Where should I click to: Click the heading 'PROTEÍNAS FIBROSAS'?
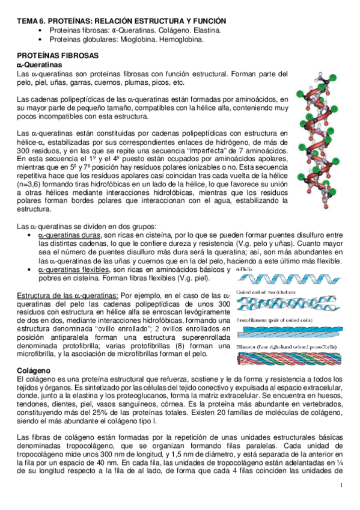pyautogui.click(x=55, y=54)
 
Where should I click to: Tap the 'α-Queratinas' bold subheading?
pyautogui.click(x=40, y=63)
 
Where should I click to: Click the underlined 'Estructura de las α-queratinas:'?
pyautogui.click(x=67, y=296)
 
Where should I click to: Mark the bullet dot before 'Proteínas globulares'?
pyautogui.click(x=40, y=40)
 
